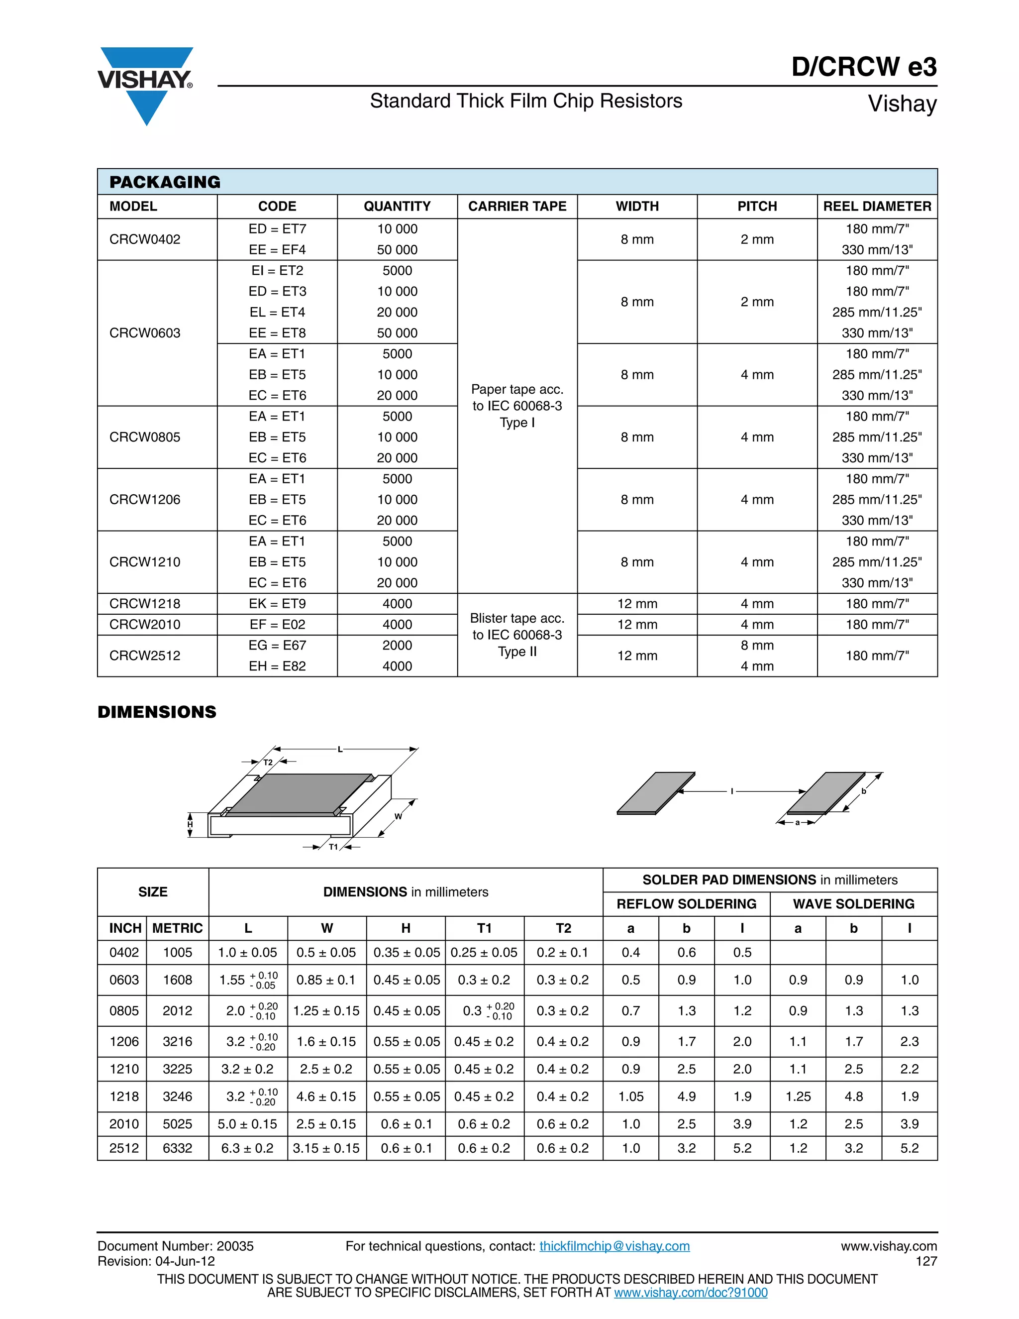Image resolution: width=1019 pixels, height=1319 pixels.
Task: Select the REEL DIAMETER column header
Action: tap(877, 207)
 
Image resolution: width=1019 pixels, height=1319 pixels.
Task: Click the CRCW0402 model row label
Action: tap(145, 239)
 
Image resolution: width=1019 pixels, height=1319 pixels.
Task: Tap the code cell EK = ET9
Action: tap(277, 603)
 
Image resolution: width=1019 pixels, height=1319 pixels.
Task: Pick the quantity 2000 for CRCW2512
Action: tap(397, 645)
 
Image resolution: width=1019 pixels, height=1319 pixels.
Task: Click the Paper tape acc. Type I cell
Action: tap(517, 406)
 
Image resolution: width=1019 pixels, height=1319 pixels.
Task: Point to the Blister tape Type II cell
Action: tap(517, 635)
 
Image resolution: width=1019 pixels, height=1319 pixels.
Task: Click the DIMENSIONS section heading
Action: tap(157, 712)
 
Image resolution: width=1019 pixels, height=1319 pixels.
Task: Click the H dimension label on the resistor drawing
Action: tap(190, 824)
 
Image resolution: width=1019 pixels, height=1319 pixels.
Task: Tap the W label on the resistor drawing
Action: tap(399, 816)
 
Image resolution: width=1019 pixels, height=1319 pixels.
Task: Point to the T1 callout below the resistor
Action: tap(333, 847)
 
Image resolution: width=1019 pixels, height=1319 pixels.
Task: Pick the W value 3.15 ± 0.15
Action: tap(326, 1148)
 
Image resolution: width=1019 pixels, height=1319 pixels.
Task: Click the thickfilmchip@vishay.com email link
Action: tap(614, 1246)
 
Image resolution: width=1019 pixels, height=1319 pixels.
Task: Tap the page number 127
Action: tap(926, 1261)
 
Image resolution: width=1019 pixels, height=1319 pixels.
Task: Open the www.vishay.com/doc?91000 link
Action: tap(691, 1293)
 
